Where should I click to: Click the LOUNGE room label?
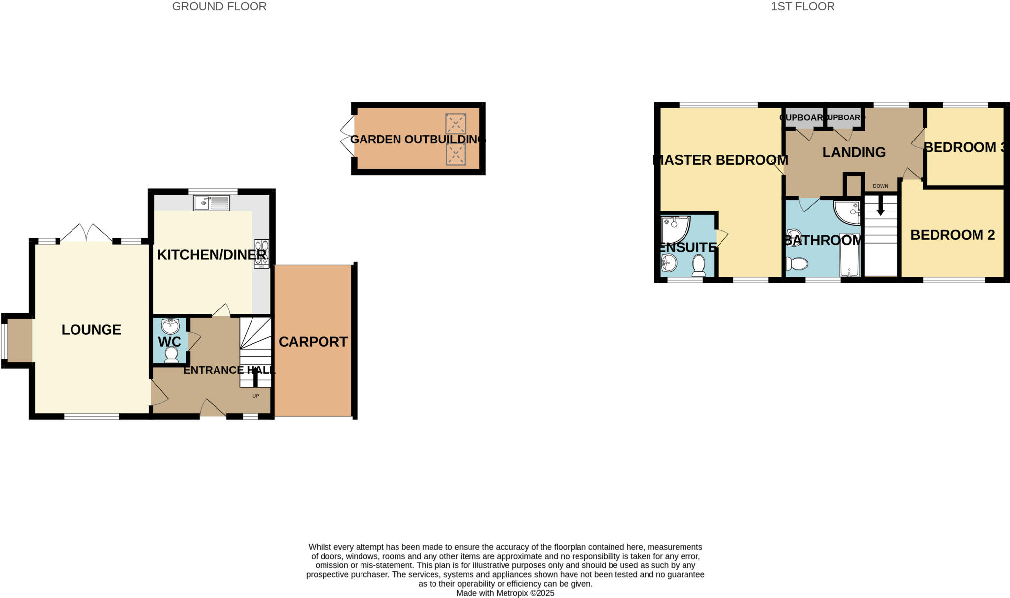click(91, 330)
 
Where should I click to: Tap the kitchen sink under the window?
click(211, 203)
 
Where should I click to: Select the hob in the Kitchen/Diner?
click(261, 253)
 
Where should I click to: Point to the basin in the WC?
click(170, 326)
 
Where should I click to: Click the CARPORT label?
click(313, 342)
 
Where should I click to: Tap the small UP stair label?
click(256, 396)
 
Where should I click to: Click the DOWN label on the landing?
click(880, 186)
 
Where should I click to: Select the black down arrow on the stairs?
click(880, 209)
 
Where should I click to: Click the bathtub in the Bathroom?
click(849, 255)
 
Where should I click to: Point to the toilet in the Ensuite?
click(699, 265)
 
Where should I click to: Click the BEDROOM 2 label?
click(952, 235)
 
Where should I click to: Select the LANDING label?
click(854, 152)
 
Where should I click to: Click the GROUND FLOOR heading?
click(219, 7)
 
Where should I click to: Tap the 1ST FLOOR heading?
click(802, 7)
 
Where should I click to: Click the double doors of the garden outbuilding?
click(347, 137)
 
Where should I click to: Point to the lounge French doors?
click(86, 233)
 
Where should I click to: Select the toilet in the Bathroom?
click(795, 264)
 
